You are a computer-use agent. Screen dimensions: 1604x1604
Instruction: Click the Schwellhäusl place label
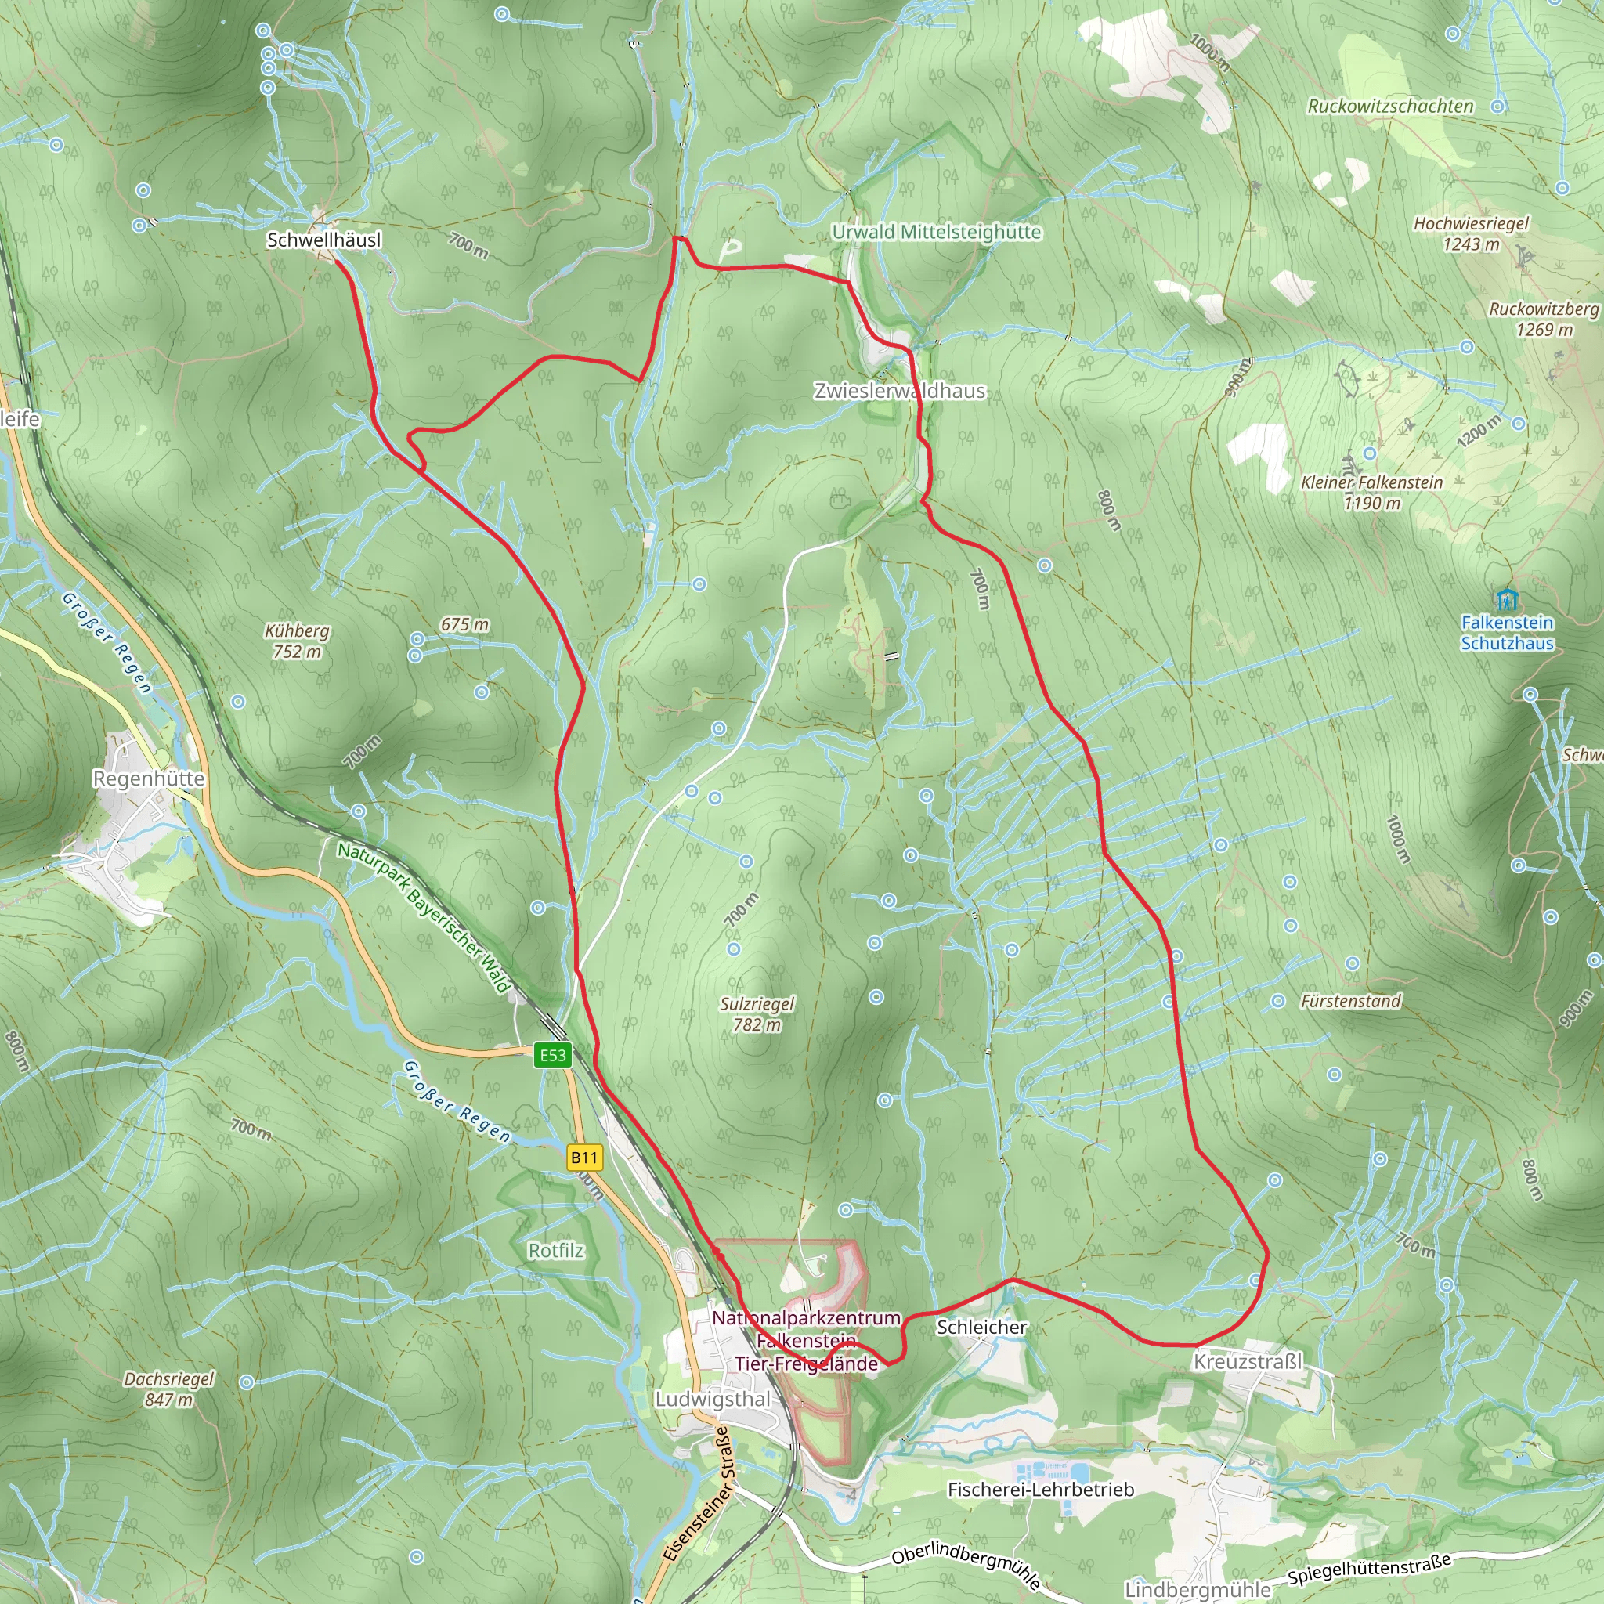point(323,240)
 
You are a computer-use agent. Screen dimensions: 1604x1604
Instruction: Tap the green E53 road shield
point(553,1055)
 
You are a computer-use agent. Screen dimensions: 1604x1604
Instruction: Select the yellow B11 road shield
point(583,1158)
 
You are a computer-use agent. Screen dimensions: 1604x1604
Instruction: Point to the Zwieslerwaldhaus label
point(899,391)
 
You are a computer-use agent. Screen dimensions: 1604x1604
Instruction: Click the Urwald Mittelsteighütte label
point(937,233)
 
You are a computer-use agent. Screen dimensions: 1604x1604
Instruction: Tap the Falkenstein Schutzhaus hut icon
point(1506,598)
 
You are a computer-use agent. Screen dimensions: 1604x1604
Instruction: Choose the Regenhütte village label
point(149,779)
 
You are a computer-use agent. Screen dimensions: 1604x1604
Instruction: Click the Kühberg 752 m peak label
point(297,641)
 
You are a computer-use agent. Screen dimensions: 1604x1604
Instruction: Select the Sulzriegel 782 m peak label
point(757,1014)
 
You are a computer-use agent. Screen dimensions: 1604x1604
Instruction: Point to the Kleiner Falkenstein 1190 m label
point(1371,493)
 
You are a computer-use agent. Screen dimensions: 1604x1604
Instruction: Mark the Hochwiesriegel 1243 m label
point(1471,233)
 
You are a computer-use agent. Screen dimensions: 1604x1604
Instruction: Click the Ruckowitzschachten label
point(1391,107)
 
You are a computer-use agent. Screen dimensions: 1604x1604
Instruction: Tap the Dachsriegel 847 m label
point(168,1389)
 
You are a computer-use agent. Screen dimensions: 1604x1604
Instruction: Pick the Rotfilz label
point(556,1251)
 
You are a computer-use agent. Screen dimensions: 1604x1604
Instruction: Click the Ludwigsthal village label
point(713,1400)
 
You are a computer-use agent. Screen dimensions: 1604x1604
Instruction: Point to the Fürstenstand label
point(1351,1001)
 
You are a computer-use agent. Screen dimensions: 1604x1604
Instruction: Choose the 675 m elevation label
point(465,624)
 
